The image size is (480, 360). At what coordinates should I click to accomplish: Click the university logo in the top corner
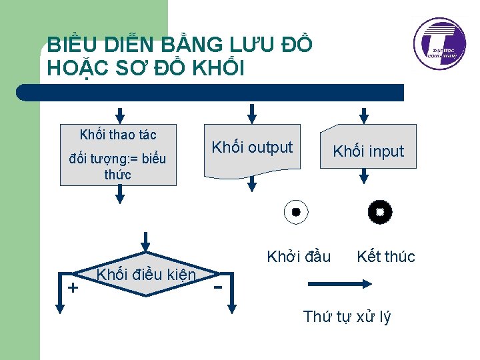click(x=440, y=44)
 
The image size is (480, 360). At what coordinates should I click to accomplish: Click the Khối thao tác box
click(x=118, y=154)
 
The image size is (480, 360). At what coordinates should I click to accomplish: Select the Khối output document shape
click(x=252, y=151)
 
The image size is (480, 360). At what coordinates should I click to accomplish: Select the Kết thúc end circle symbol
click(x=380, y=213)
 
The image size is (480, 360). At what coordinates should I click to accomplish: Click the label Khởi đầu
click(x=299, y=256)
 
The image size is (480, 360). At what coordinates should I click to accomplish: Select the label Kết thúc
click(x=386, y=256)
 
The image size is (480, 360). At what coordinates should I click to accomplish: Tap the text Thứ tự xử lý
click(x=347, y=317)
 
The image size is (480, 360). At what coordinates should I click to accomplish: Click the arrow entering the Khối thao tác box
click(x=119, y=113)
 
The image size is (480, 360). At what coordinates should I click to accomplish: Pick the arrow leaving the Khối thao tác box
click(x=119, y=194)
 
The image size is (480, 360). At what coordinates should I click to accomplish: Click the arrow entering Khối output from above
click(x=251, y=113)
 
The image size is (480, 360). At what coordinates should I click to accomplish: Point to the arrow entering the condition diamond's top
click(x=147, y=241)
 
